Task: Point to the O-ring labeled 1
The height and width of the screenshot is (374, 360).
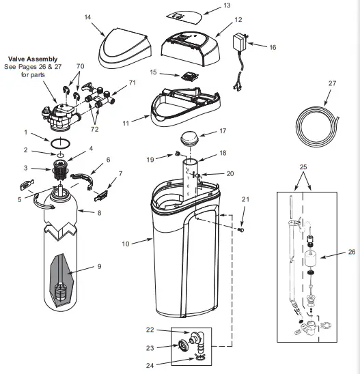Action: pos(61,143)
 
